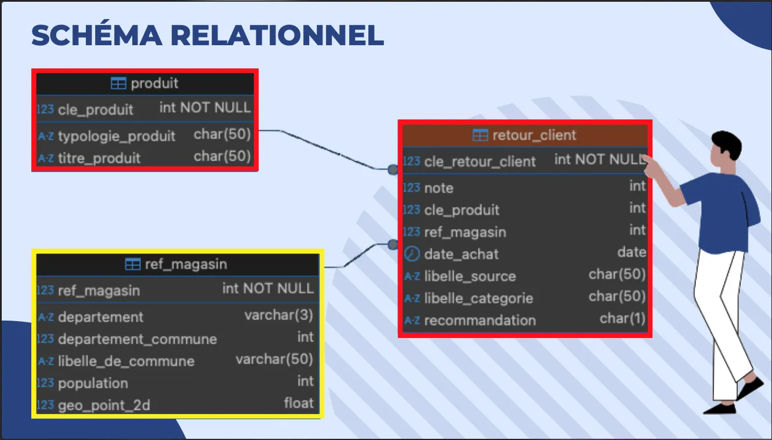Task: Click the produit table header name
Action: click(x=154, y=83)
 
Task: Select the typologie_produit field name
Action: click(x=117, y=136)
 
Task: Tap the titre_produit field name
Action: click(x=99, y=158)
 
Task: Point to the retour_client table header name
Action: click(x=534, y=136)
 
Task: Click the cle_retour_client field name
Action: click(x=480, y=162)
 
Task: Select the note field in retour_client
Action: click(x=438, y=188)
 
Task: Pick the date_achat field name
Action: click(x=461, y=254)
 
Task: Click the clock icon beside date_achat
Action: click(x=411, y=254)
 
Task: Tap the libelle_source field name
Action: click(x=470, y=276)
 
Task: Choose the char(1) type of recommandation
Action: click(x=622, y=319)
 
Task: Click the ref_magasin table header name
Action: click(x=186, y=265)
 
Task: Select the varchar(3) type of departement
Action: click(x=278, y=316)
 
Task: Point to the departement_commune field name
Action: click(x=137, y=339)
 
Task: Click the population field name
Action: click(x=93, y=383)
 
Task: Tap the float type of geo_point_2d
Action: click(x=298, y=403)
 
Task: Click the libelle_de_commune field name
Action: click(x=126, y=361)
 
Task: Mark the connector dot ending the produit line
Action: click(x=393, y=169)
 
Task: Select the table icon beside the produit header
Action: click(x=118, y=83)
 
